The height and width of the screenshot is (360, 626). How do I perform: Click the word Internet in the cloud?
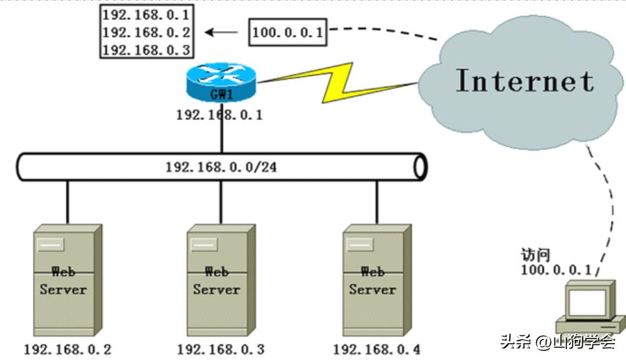(524, 81)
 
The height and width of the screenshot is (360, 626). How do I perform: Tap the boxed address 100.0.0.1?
(287, 32)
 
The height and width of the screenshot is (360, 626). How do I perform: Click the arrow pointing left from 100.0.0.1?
(221, 32)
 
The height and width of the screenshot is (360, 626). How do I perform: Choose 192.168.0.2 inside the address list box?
(147, 32)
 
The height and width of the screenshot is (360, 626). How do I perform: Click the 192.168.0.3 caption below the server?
(221, 350)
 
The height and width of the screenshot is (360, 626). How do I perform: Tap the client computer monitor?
(587, 301)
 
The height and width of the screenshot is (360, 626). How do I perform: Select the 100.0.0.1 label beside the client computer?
(556, 269)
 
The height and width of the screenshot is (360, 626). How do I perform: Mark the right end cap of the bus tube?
(420, 167)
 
